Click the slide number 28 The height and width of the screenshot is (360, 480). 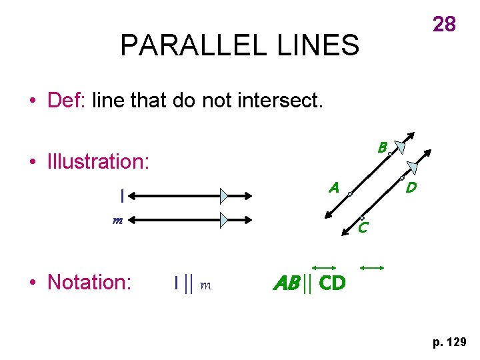click(445, 24)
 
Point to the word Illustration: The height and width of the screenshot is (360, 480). click(99, 161)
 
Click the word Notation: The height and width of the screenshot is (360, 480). click(89, 282)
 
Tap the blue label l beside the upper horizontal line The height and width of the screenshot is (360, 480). click(121, 196)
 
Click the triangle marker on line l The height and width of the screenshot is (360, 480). click(225, 196)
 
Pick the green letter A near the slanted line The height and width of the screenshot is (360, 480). click(334, 188)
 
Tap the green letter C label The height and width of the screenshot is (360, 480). click(363, 229)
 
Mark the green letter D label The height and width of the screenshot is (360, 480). click(411, 188)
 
